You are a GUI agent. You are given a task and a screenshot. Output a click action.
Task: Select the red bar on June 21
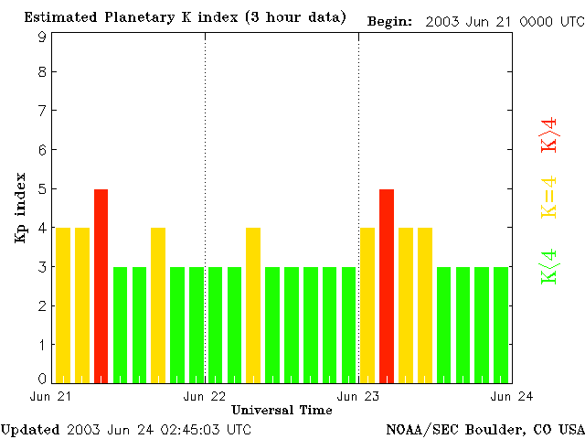(x=101, y=285)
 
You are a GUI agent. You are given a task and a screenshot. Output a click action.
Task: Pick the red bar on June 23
(x=387, y=285)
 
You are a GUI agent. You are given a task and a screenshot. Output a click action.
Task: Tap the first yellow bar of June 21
(x=63, y=305)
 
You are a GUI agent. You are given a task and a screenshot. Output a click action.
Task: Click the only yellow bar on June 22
(x=253, y=305)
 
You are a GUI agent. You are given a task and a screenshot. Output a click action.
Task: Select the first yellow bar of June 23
(x=367, y=305)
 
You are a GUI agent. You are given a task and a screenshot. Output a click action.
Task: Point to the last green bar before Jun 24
(x=501, y=325)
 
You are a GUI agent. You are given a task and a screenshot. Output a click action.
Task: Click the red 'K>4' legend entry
(x=549, y=134)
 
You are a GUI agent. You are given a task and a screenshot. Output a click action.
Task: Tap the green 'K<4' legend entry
(x=549, y=266)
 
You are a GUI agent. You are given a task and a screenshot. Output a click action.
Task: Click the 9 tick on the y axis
(x=42, y=37)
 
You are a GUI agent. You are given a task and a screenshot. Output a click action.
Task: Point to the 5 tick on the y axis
(x=42, y=189)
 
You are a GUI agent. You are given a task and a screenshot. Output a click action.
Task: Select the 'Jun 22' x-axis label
(x=205, y=396)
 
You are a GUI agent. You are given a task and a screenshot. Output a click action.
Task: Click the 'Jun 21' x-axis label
(x=51, y=396)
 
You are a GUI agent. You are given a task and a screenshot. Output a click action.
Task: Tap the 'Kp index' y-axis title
(x=20, y=208)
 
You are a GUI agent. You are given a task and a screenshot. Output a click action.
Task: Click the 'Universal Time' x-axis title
(x=282, y=410)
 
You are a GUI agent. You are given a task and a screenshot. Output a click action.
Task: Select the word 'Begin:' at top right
(x=390, y=21)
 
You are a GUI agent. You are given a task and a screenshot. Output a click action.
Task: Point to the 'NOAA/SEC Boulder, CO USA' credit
(x=484, y=429)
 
